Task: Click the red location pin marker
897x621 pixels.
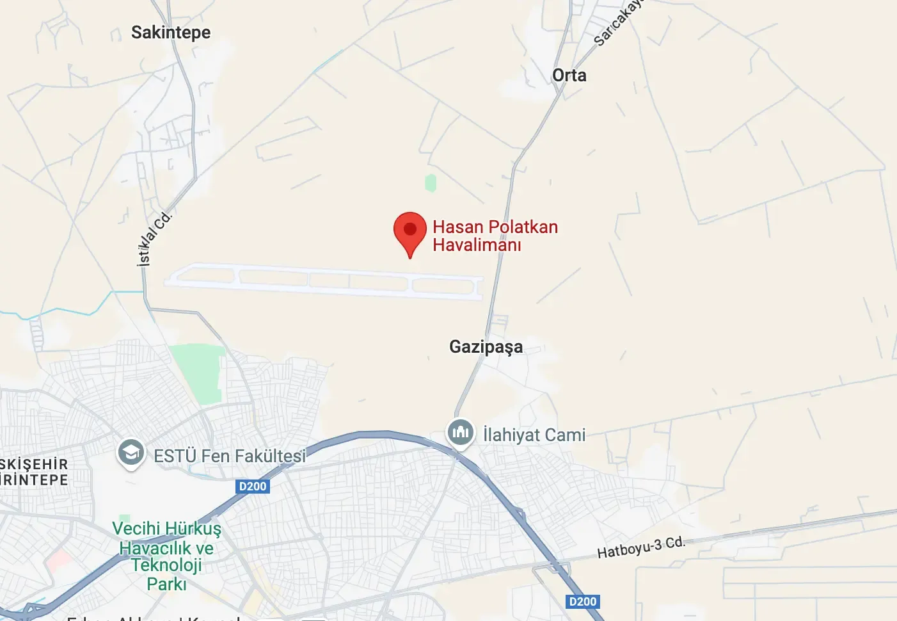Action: click(409, 230)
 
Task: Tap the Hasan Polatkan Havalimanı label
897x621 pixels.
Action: click(495, 236)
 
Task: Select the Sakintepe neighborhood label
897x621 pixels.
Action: click(171, 33)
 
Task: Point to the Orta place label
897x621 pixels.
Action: click(569, 76)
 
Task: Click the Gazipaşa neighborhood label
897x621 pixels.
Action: click(486, 347)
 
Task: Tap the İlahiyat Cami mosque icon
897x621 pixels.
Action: click(461, 433)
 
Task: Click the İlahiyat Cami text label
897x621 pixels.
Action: click(534, 435)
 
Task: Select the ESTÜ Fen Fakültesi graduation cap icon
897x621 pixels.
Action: click(131, 453)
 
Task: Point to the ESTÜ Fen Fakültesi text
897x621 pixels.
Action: click(230, 456)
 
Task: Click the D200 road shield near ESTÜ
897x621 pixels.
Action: click(252, 487)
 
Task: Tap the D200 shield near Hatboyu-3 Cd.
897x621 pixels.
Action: click(583, 602)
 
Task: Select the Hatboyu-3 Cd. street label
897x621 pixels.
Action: click(640, 547)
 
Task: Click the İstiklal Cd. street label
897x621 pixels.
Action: click(154, 238)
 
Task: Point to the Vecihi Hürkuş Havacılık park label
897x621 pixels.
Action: click(166, 556)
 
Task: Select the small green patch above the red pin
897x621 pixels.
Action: click(431, 183)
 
